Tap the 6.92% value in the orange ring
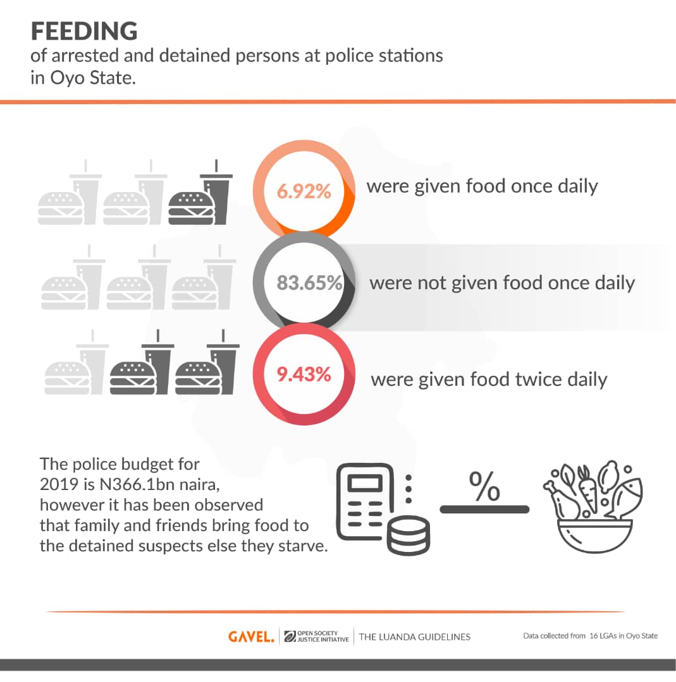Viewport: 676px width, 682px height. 304,191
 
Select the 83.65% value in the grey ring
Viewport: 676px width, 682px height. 310,282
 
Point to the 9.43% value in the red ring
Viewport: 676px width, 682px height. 304,374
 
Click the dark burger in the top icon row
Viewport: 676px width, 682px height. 191,206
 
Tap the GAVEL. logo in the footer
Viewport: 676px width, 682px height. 251,637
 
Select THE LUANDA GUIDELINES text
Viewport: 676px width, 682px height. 415,637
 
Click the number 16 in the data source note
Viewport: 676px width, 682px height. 594,636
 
